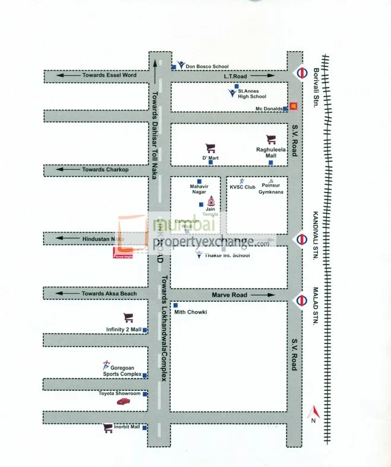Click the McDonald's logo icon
(x=293, y=107)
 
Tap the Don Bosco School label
(x=207, y=67)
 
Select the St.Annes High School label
(x=252, y=94)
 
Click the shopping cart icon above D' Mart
(x=210, y=148)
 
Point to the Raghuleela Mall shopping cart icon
(x=272, y=140)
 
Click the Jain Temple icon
(x=210, y=200)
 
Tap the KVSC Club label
(x=242, y=187)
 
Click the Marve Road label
(x=229, y=295)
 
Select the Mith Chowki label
(x=190, y=312)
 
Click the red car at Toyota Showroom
(x=123, y=402)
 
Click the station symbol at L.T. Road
(x=301, y=73)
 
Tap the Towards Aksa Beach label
(x=109, y=294)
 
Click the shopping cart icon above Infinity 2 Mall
(x=128, y=318)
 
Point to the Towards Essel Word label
(x=109, y=75)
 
